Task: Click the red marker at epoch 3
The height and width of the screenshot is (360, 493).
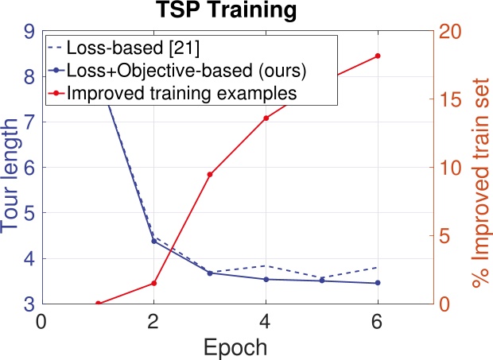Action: [x=210, y=174]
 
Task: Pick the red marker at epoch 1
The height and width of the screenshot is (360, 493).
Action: [x=98, y=304]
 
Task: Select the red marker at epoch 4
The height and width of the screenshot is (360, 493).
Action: [x=266, y=118]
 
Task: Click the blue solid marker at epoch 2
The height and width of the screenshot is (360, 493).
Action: [x=153, y=241]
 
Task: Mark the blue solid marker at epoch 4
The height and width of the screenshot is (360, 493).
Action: [x=266, y=279]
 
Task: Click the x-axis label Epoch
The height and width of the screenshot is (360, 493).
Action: [x=237, y=347]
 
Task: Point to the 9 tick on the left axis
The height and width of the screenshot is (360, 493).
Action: [x=28, y=32]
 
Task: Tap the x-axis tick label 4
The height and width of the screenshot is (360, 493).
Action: [x=266, y=322]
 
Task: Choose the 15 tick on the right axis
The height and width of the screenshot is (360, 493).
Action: [x=452, y=100]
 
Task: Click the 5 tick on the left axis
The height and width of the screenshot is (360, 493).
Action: [x=28, y=214]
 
